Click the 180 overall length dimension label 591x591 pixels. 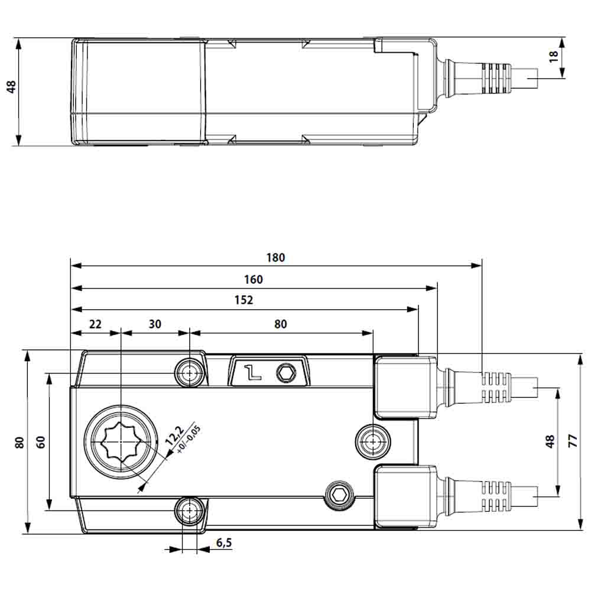[275, 258]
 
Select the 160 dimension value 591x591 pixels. [253, 280]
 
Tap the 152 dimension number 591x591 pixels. [243, 300]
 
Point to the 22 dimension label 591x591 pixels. [95, 324]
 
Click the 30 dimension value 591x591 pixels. [154, 324]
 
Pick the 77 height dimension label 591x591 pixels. [572, 442]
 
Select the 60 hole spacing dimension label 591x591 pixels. [41, 441]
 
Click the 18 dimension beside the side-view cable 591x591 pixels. [554, 57]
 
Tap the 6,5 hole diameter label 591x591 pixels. [223, 543]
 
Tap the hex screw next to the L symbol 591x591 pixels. [288, 373]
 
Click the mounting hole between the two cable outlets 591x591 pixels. [374, 440]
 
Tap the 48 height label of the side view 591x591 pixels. [11, 87]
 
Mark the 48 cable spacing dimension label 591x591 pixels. [550, 441]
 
